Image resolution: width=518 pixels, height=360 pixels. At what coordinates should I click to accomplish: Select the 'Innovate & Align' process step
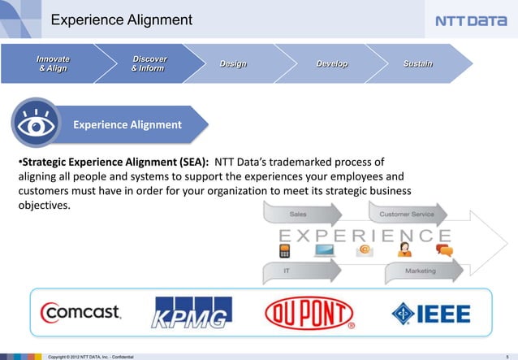(52, 63)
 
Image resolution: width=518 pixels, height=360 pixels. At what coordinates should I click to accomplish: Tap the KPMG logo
(193, 312)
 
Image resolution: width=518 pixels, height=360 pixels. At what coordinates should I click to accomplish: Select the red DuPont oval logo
(309, 312)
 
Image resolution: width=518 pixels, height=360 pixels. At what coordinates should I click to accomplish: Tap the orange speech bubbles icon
(443, 249)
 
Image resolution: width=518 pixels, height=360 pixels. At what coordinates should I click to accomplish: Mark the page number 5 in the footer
(506, 356)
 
